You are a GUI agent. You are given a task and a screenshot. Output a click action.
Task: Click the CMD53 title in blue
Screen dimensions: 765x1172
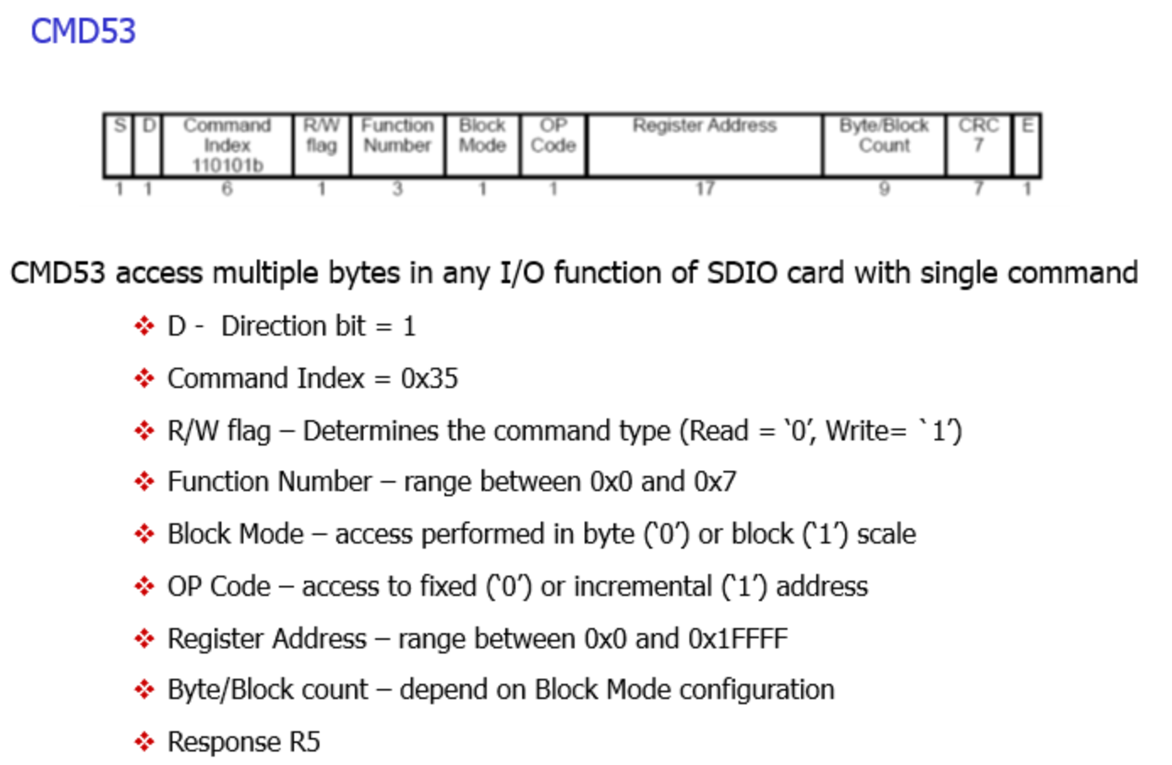point(83,31)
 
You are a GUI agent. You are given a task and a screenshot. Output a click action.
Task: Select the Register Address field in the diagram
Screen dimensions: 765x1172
point(705,145)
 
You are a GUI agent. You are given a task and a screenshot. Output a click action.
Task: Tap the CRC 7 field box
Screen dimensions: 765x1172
point(978,145)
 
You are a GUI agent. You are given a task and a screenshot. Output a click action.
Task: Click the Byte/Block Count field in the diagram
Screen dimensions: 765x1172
point(884,145)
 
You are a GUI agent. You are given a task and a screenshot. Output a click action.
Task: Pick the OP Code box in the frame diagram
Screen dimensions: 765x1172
point(553,145)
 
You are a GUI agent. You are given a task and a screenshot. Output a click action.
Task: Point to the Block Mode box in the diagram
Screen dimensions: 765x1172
point(482,145)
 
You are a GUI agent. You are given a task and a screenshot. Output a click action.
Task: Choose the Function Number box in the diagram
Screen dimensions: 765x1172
point(397,145)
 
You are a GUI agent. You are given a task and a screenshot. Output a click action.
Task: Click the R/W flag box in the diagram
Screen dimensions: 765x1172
point(321,145)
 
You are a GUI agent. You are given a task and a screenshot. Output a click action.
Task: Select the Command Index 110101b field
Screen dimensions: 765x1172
point(226,145)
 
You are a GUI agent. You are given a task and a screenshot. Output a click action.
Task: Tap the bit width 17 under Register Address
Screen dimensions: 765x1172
point(705,189)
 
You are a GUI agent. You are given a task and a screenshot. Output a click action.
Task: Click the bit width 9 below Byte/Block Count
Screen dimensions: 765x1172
point(884,189)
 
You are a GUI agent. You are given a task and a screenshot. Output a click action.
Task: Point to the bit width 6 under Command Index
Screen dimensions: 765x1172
point(226,189)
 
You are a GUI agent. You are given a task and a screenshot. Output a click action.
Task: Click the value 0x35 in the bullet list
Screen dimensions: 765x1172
point(429,379)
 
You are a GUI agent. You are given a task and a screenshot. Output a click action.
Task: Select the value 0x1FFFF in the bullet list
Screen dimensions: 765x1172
point(738,639)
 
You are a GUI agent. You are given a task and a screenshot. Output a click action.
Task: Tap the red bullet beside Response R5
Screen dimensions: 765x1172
point(144,742)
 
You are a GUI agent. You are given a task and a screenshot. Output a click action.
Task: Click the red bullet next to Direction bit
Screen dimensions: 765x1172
point(144,326)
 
